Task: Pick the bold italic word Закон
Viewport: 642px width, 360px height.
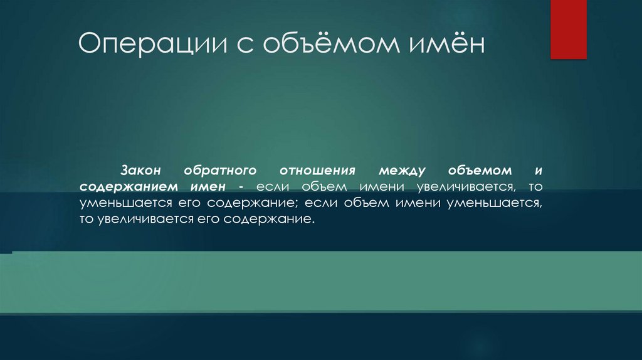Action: (142, 171)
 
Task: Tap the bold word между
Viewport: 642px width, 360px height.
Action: (402, 171)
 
